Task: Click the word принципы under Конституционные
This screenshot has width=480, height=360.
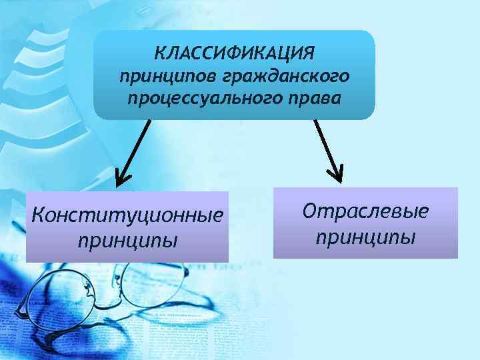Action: pyautogui.click(x=127, y=239)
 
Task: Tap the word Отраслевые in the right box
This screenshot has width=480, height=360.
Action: pyautogui.click(x=365, y=212)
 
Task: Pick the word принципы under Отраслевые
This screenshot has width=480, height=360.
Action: pyautogui.click(x=365, y=235)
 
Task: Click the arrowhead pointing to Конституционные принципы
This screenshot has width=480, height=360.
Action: pyautogui.click(x=123, y=179)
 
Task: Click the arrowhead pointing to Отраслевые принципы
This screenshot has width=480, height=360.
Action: pyautogui.click(x=336, y=175)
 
